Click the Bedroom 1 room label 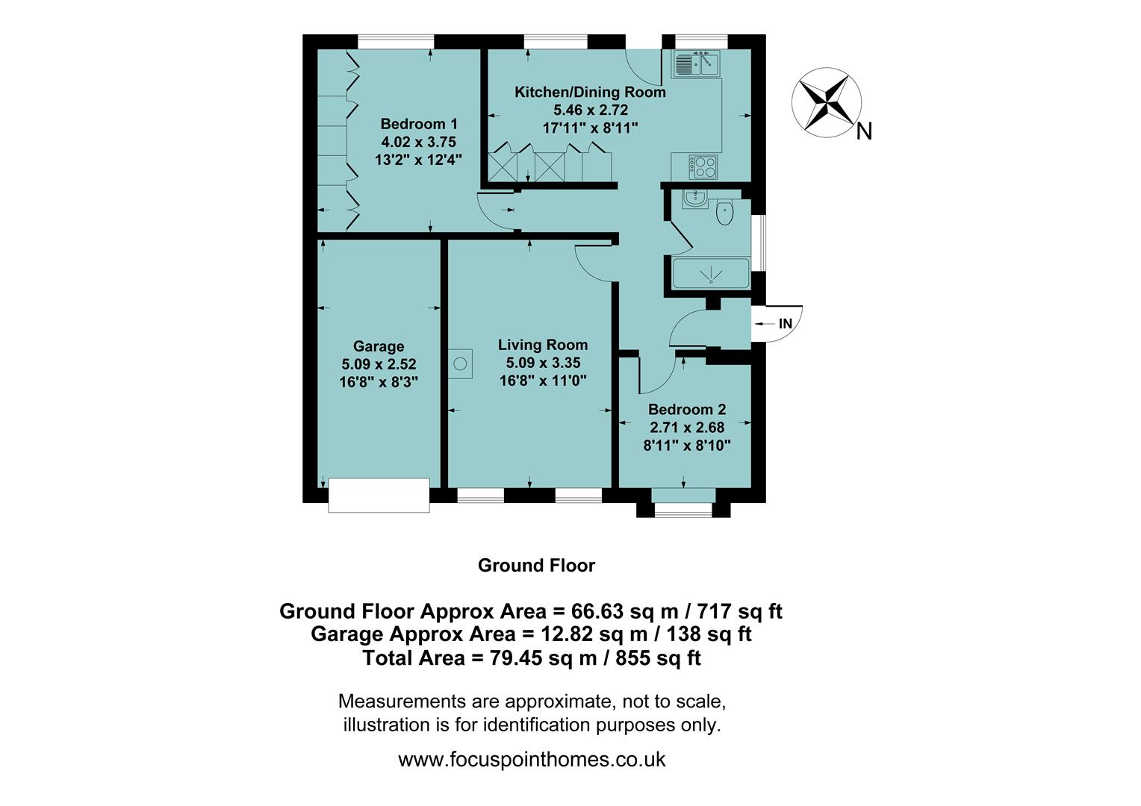point(419,124)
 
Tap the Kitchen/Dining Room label point(590,92)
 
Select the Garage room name point(379,346)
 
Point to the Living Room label point(543,345)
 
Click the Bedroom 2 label point(686,409)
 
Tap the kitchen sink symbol point(695,64)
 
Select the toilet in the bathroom point(725,213)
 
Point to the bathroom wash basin point(695,199)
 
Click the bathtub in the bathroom point(711,274)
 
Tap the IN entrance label point(785,324)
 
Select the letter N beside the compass point(864,132)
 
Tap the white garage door point(379,496)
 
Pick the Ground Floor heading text point(536,566)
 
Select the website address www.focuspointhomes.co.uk point(532,760)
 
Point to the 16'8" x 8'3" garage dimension point(379,382)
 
